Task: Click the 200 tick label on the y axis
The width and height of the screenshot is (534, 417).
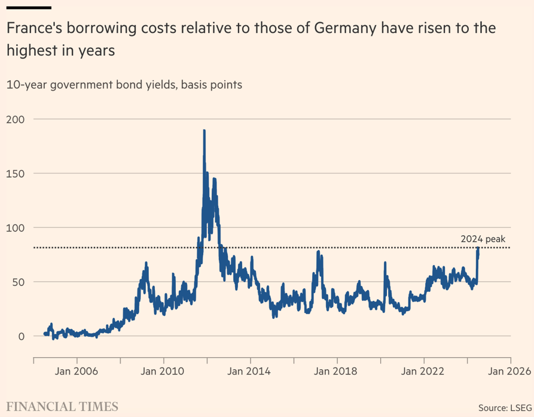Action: coord(15,119)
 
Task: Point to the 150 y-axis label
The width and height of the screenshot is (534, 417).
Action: coord(15,174)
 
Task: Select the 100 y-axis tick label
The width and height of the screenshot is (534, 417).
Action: coord(15,227)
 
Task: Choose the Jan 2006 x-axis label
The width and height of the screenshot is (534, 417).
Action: coord(77,371)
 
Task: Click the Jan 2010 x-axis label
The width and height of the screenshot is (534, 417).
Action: coord(164,371)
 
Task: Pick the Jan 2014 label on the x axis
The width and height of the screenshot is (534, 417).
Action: coord(251,371)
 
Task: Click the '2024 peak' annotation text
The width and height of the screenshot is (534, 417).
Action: coord(483,239)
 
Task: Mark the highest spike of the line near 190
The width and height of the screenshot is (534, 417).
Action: coord(205,130)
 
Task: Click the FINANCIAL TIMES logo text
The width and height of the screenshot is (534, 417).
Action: coord(62,407)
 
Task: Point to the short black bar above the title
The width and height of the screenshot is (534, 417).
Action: coord(29,7)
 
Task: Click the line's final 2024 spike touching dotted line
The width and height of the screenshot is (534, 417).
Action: coord(478,249)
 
